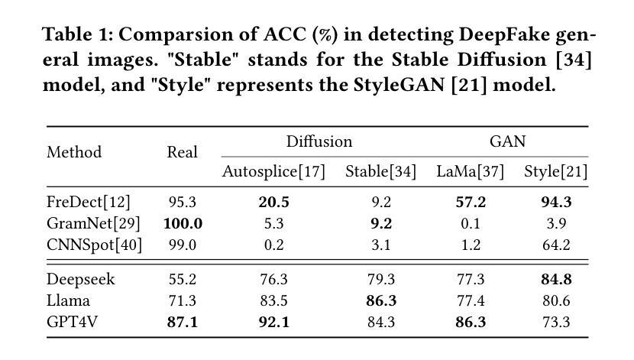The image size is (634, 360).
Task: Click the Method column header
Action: tap(74, 152)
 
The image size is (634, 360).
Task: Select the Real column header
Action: tap(182, 152)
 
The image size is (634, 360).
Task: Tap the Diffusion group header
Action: tap(319, 141)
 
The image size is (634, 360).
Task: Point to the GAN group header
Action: tap(507, 141)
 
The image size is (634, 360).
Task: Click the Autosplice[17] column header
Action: tap(273, 171)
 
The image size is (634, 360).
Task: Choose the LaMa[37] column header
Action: tap(471, 171)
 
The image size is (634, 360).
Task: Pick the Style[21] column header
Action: tap(555, 171)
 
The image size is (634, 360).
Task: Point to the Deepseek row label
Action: tap(81, 279)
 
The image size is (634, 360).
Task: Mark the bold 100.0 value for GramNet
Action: tap(183, 223)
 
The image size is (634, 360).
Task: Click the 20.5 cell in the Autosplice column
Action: tap(273, 202)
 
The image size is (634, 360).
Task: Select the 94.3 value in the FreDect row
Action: tap(555, 202)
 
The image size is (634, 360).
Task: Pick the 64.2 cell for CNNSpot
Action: tap(555, 245)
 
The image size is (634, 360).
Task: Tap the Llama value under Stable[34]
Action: tap(380, 300)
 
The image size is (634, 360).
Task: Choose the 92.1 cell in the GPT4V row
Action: tap(273, 322)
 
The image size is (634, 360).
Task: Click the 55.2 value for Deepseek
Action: tap(182, 279)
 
